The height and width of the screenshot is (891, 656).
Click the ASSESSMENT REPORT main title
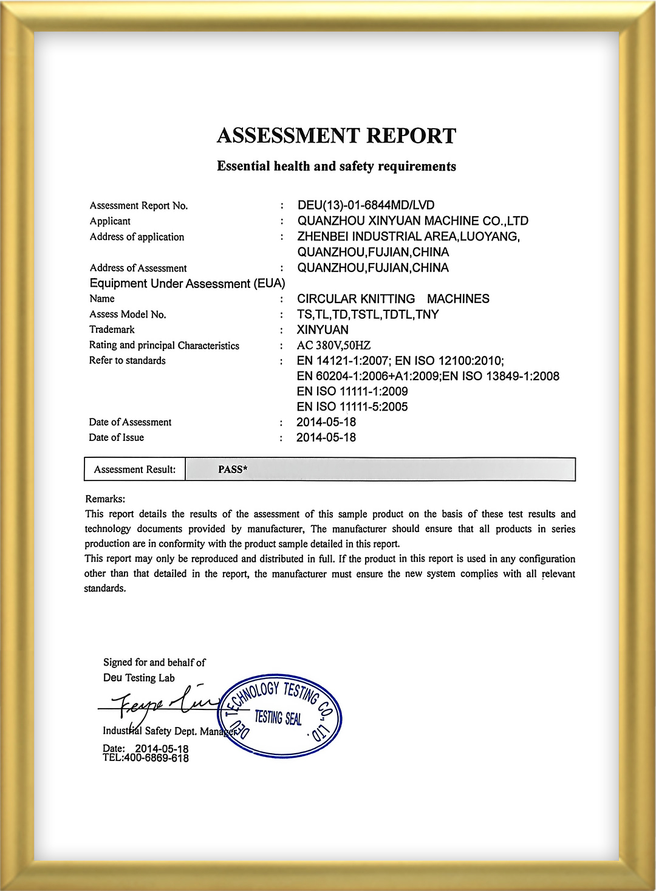(337, 135)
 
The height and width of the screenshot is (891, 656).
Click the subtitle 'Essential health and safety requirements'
(337, 166)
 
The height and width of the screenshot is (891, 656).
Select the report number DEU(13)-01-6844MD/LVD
(366, 205)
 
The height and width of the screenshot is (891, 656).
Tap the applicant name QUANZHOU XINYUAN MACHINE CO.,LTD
(412, 221)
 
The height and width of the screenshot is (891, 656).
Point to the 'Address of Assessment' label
(138, 268)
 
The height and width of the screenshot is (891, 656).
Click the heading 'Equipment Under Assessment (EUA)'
(187, 284)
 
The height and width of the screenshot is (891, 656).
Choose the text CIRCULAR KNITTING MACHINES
(393, 299)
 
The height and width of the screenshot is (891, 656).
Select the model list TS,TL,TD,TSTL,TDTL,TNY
(367, 315)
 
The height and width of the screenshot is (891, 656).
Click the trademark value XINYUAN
(323, 330)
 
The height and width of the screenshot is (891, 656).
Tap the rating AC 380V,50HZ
(333, 346)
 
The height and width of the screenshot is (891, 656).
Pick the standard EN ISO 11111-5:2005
(352, 407)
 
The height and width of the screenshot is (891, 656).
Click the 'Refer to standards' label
(127, 361)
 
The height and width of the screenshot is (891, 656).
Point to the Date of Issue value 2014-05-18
(326, 438)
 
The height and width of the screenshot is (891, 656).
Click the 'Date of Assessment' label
(130, 422)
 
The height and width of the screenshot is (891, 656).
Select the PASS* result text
(233, 469)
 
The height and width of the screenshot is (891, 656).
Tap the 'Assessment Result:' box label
(135, 469)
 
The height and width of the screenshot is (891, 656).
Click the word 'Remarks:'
(105, 499)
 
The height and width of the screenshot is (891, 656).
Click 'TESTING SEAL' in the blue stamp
(278, 718)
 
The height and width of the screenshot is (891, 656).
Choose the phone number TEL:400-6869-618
(146, 759)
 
